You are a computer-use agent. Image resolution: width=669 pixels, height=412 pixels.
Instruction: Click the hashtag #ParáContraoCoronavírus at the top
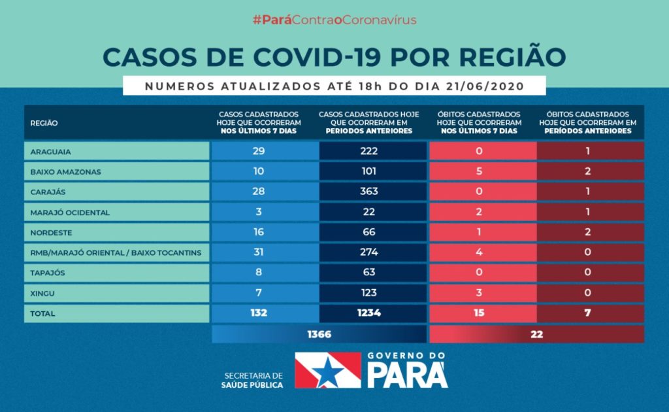334,20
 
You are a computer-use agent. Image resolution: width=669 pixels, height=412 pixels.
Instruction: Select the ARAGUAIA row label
51,152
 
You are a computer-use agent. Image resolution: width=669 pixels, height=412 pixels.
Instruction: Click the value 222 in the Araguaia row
369,151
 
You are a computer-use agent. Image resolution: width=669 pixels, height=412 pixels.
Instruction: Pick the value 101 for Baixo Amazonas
369,171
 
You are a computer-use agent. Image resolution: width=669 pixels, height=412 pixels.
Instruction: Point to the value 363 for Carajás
369,192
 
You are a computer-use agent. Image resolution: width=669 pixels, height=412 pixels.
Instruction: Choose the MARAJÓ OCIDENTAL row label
70,213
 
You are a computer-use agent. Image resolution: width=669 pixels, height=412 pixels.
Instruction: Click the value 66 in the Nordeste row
369,232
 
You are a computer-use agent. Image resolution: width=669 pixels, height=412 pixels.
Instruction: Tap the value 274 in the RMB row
369,252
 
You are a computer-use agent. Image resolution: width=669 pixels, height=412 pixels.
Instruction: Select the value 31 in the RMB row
259,252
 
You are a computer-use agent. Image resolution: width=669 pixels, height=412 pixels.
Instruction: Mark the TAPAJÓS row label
48,273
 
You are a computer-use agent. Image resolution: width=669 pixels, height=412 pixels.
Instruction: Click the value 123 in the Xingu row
369,293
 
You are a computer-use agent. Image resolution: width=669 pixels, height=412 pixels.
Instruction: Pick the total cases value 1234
369,313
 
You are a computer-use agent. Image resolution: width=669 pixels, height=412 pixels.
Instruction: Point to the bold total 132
259,313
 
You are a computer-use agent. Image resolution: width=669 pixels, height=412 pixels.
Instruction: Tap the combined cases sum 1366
319,334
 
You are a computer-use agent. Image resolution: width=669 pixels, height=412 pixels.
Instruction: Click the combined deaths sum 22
536,334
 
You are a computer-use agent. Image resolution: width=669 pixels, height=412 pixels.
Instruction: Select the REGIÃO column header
44,123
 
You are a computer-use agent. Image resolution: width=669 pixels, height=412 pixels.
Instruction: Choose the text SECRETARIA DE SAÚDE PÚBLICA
253,381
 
